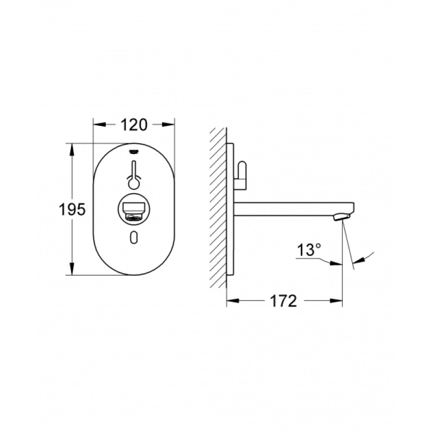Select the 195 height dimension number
[73, 209]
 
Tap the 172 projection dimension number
[284, 301]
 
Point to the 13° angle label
[310, 251]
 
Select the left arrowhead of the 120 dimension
[98, 124]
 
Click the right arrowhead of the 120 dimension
[170, 124]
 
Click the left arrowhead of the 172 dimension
[230, 301]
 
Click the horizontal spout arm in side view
[288, 207]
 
